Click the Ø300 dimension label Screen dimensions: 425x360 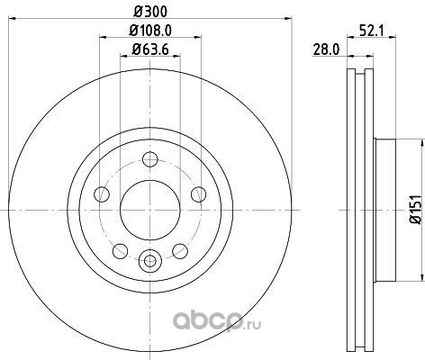pos(150,12)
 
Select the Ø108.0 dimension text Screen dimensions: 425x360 pos(150,31)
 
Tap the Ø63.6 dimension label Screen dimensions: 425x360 pos(150,49)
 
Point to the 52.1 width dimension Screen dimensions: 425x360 pos(372,31)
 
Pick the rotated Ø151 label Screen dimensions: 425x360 pos(416,210)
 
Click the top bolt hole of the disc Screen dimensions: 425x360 pos(150,159)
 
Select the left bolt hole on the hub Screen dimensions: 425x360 pos(102,194)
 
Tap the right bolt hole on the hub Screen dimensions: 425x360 pos(199,194)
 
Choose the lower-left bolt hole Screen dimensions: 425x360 pos(121,251)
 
